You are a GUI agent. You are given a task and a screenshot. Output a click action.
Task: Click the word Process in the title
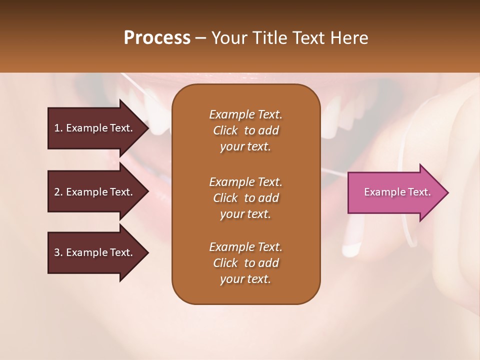coord(157,38)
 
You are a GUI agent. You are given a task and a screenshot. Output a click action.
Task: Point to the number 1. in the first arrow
coord(58,128)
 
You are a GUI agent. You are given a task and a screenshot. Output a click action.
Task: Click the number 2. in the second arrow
coord(58,192)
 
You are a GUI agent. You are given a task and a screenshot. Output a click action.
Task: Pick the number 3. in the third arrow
coord(58,252)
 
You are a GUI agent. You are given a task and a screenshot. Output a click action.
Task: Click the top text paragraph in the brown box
coord(245,130)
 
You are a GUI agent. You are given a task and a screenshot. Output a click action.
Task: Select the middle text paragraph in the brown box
coord(245,198)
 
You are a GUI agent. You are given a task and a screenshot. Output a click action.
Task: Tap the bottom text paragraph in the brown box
coord(245,263)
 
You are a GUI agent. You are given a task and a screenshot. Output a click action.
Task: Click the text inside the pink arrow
coord(397,192)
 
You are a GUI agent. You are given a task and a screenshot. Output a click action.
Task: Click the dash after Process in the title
coord(201,38)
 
